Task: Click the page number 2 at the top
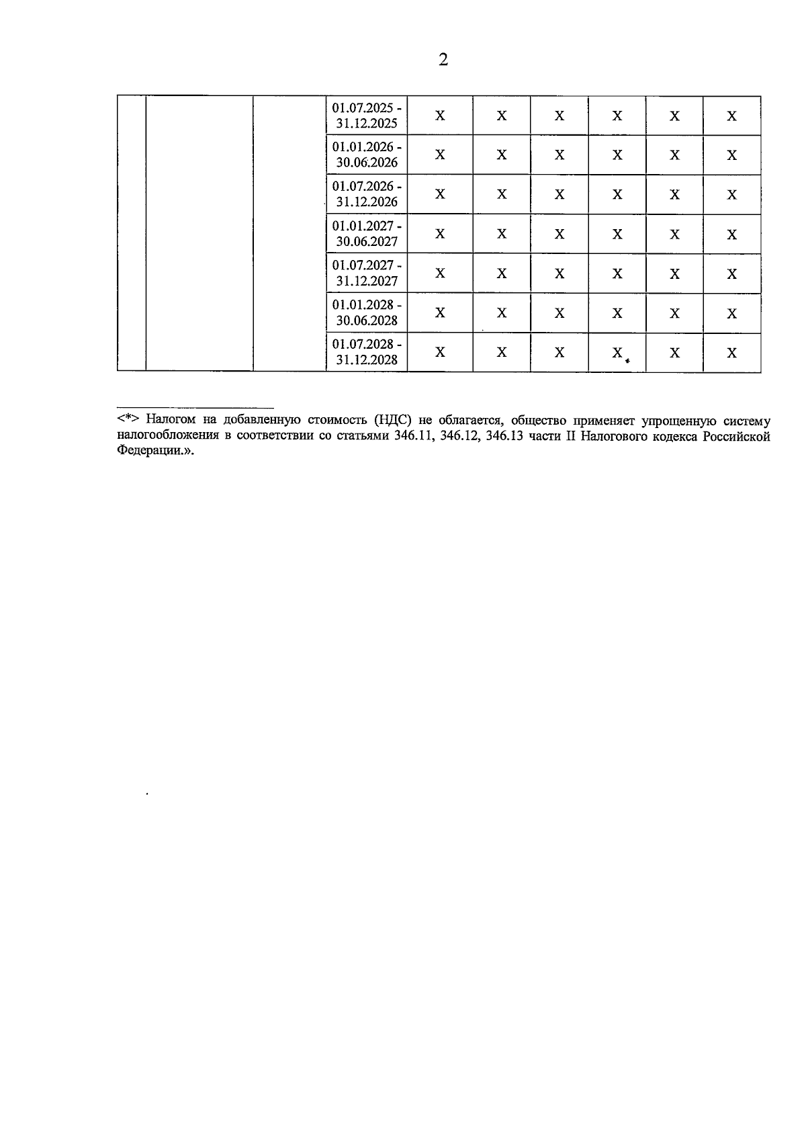pos(443,60)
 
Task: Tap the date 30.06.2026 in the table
pos(367,163)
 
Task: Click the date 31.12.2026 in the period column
pos(367,202)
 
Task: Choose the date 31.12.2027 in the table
pos(367,281)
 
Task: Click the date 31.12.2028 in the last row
pos(367,359)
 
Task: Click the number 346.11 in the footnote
pos(411,436)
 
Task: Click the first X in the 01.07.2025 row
pos(440,116)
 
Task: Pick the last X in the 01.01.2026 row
pos(731,155)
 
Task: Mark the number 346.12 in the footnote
pos(458,436)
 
